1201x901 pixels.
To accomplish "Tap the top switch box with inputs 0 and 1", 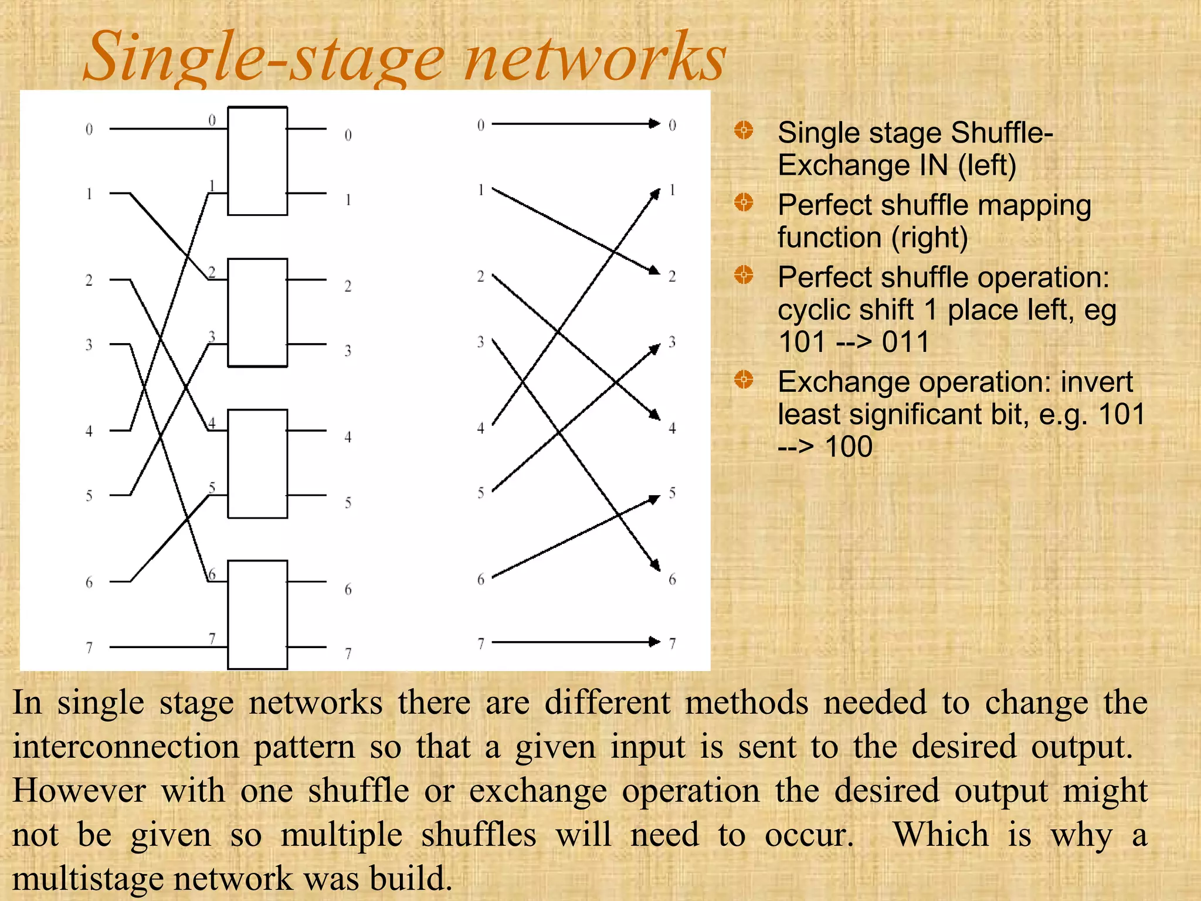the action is coord(257,161).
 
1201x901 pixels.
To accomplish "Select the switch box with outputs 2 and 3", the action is coord(257,313).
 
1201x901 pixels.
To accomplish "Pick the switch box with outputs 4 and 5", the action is coord(257,463).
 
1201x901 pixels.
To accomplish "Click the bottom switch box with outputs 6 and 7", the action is coord(257,614).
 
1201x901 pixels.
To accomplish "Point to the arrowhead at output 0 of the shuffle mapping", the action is coord(654,124).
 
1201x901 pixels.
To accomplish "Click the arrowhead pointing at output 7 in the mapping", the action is coord(654,642).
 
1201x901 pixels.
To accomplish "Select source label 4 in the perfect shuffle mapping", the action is coord(481,428).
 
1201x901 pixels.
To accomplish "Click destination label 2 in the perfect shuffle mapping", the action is coord(672,276).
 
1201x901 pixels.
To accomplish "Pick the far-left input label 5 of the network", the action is coord(89,496).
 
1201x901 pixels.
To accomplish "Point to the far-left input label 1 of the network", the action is coord(89,194).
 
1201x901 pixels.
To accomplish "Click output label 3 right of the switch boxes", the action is coord(348,351).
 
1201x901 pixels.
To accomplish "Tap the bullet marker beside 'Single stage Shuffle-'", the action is coord(744,130).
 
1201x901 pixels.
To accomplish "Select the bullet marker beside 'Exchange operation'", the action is coord(744,380).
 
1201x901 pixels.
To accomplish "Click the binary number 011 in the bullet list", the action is coord(906,342).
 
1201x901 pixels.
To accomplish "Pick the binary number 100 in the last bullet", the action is coord(849,447).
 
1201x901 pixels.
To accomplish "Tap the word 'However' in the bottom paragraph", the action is coord(79,791).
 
